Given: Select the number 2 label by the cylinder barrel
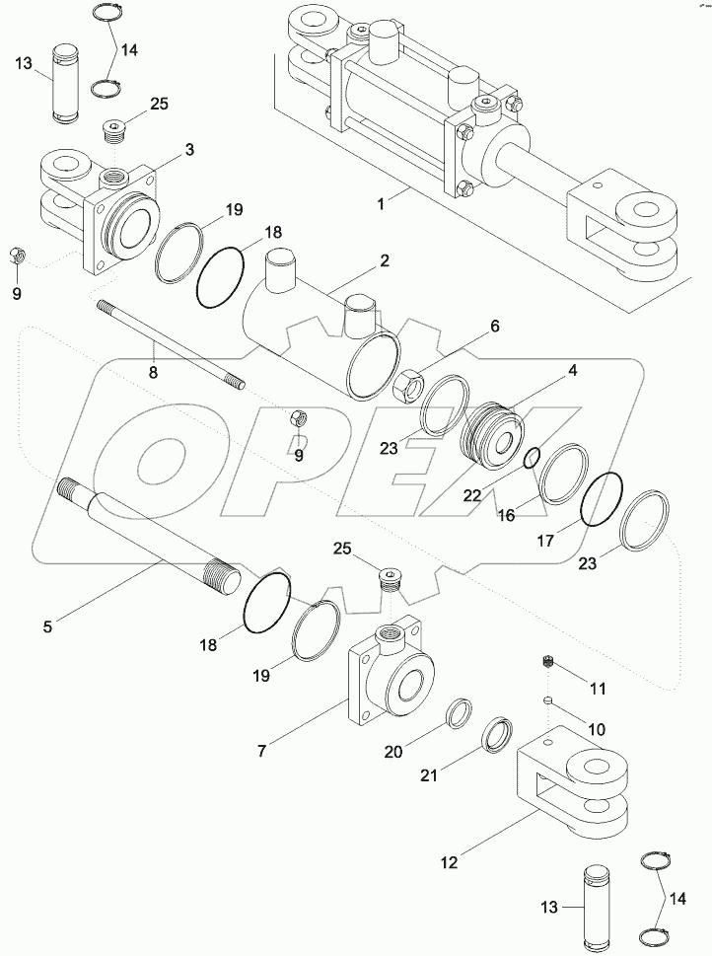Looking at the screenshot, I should click(x=385, y=261).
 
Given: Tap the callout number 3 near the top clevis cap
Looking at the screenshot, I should click(x=189, y=149).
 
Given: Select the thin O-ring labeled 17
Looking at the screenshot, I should click(x=601, y=501).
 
